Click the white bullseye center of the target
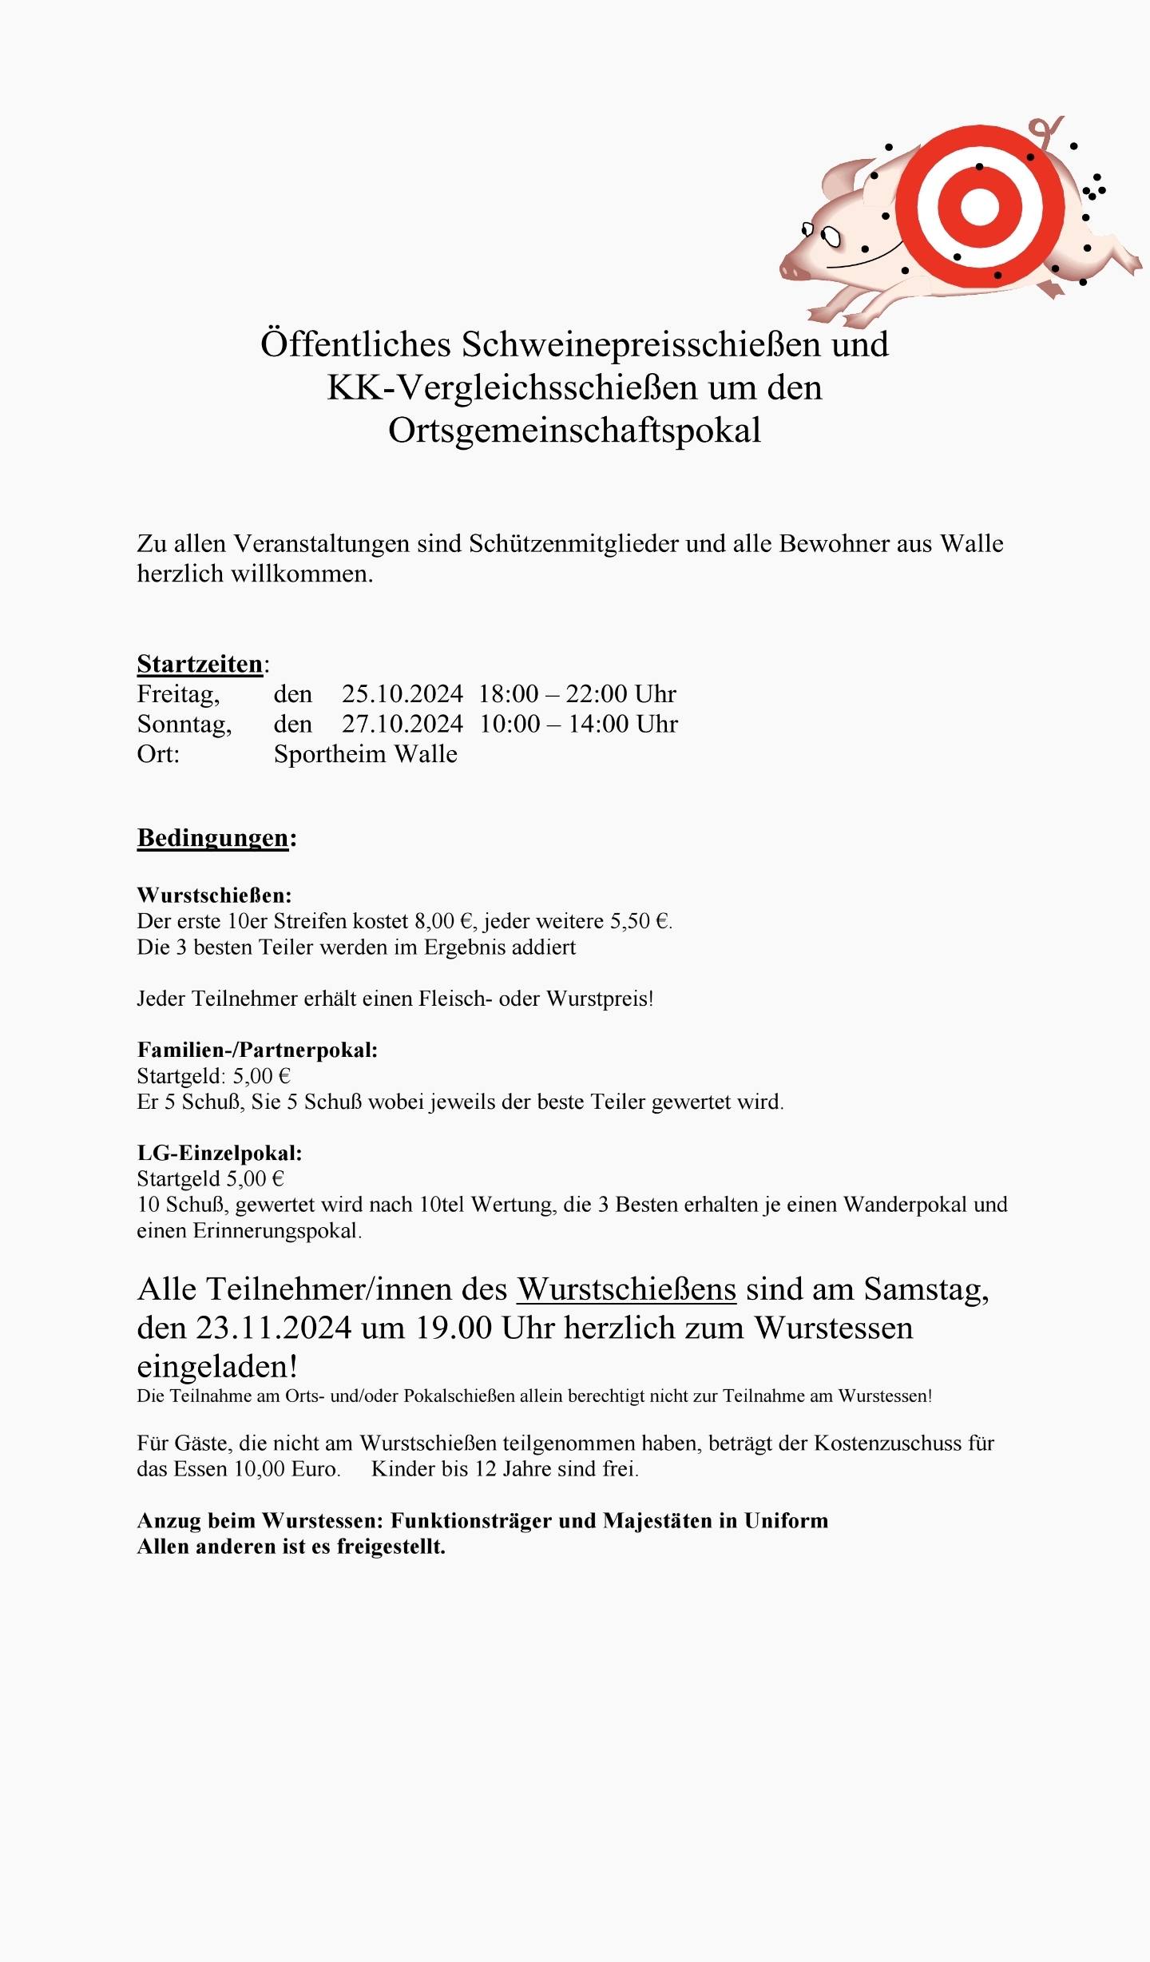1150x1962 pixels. [980, 208]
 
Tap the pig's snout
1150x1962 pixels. [794, 270]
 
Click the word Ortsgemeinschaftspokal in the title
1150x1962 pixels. [574, 431]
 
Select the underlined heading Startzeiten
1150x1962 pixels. [200, 664]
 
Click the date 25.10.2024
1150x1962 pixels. [402, 694]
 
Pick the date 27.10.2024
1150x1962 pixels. [402, 725]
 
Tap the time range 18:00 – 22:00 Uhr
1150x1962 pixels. [577, 694]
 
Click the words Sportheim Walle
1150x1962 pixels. [366, 754]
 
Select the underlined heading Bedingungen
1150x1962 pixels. [212, 838]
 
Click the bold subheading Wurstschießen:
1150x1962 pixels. [214, 895]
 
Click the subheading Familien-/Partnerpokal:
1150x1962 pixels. [257, 1050]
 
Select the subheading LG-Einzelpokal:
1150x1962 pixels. [220, 1153]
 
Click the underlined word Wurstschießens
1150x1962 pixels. [626, 1289]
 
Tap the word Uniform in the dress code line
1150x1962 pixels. [786, 1520]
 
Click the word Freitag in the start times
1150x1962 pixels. [177, 694]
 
